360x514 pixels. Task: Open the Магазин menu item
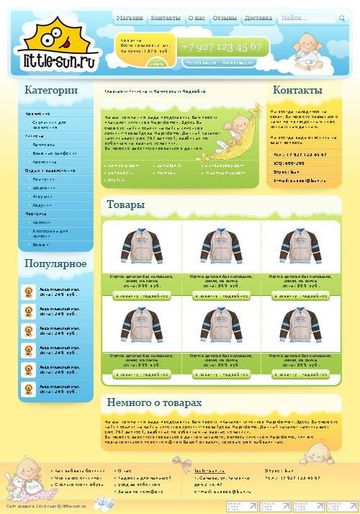[130, 18]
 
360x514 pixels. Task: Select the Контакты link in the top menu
[166, 18]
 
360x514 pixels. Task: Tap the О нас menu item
[197, 18]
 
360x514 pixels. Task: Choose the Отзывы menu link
[225, 18]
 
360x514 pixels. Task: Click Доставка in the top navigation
[258, 18]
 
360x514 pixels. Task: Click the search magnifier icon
[342, 19]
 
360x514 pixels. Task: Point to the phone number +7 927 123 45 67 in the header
[221, 47]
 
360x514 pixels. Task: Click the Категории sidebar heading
[51, 91]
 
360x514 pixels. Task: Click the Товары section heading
[126, 205]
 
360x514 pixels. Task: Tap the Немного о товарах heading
[154, 402]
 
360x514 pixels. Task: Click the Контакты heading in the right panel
[297, 91]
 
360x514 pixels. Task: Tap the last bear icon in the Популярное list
[29, 390]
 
